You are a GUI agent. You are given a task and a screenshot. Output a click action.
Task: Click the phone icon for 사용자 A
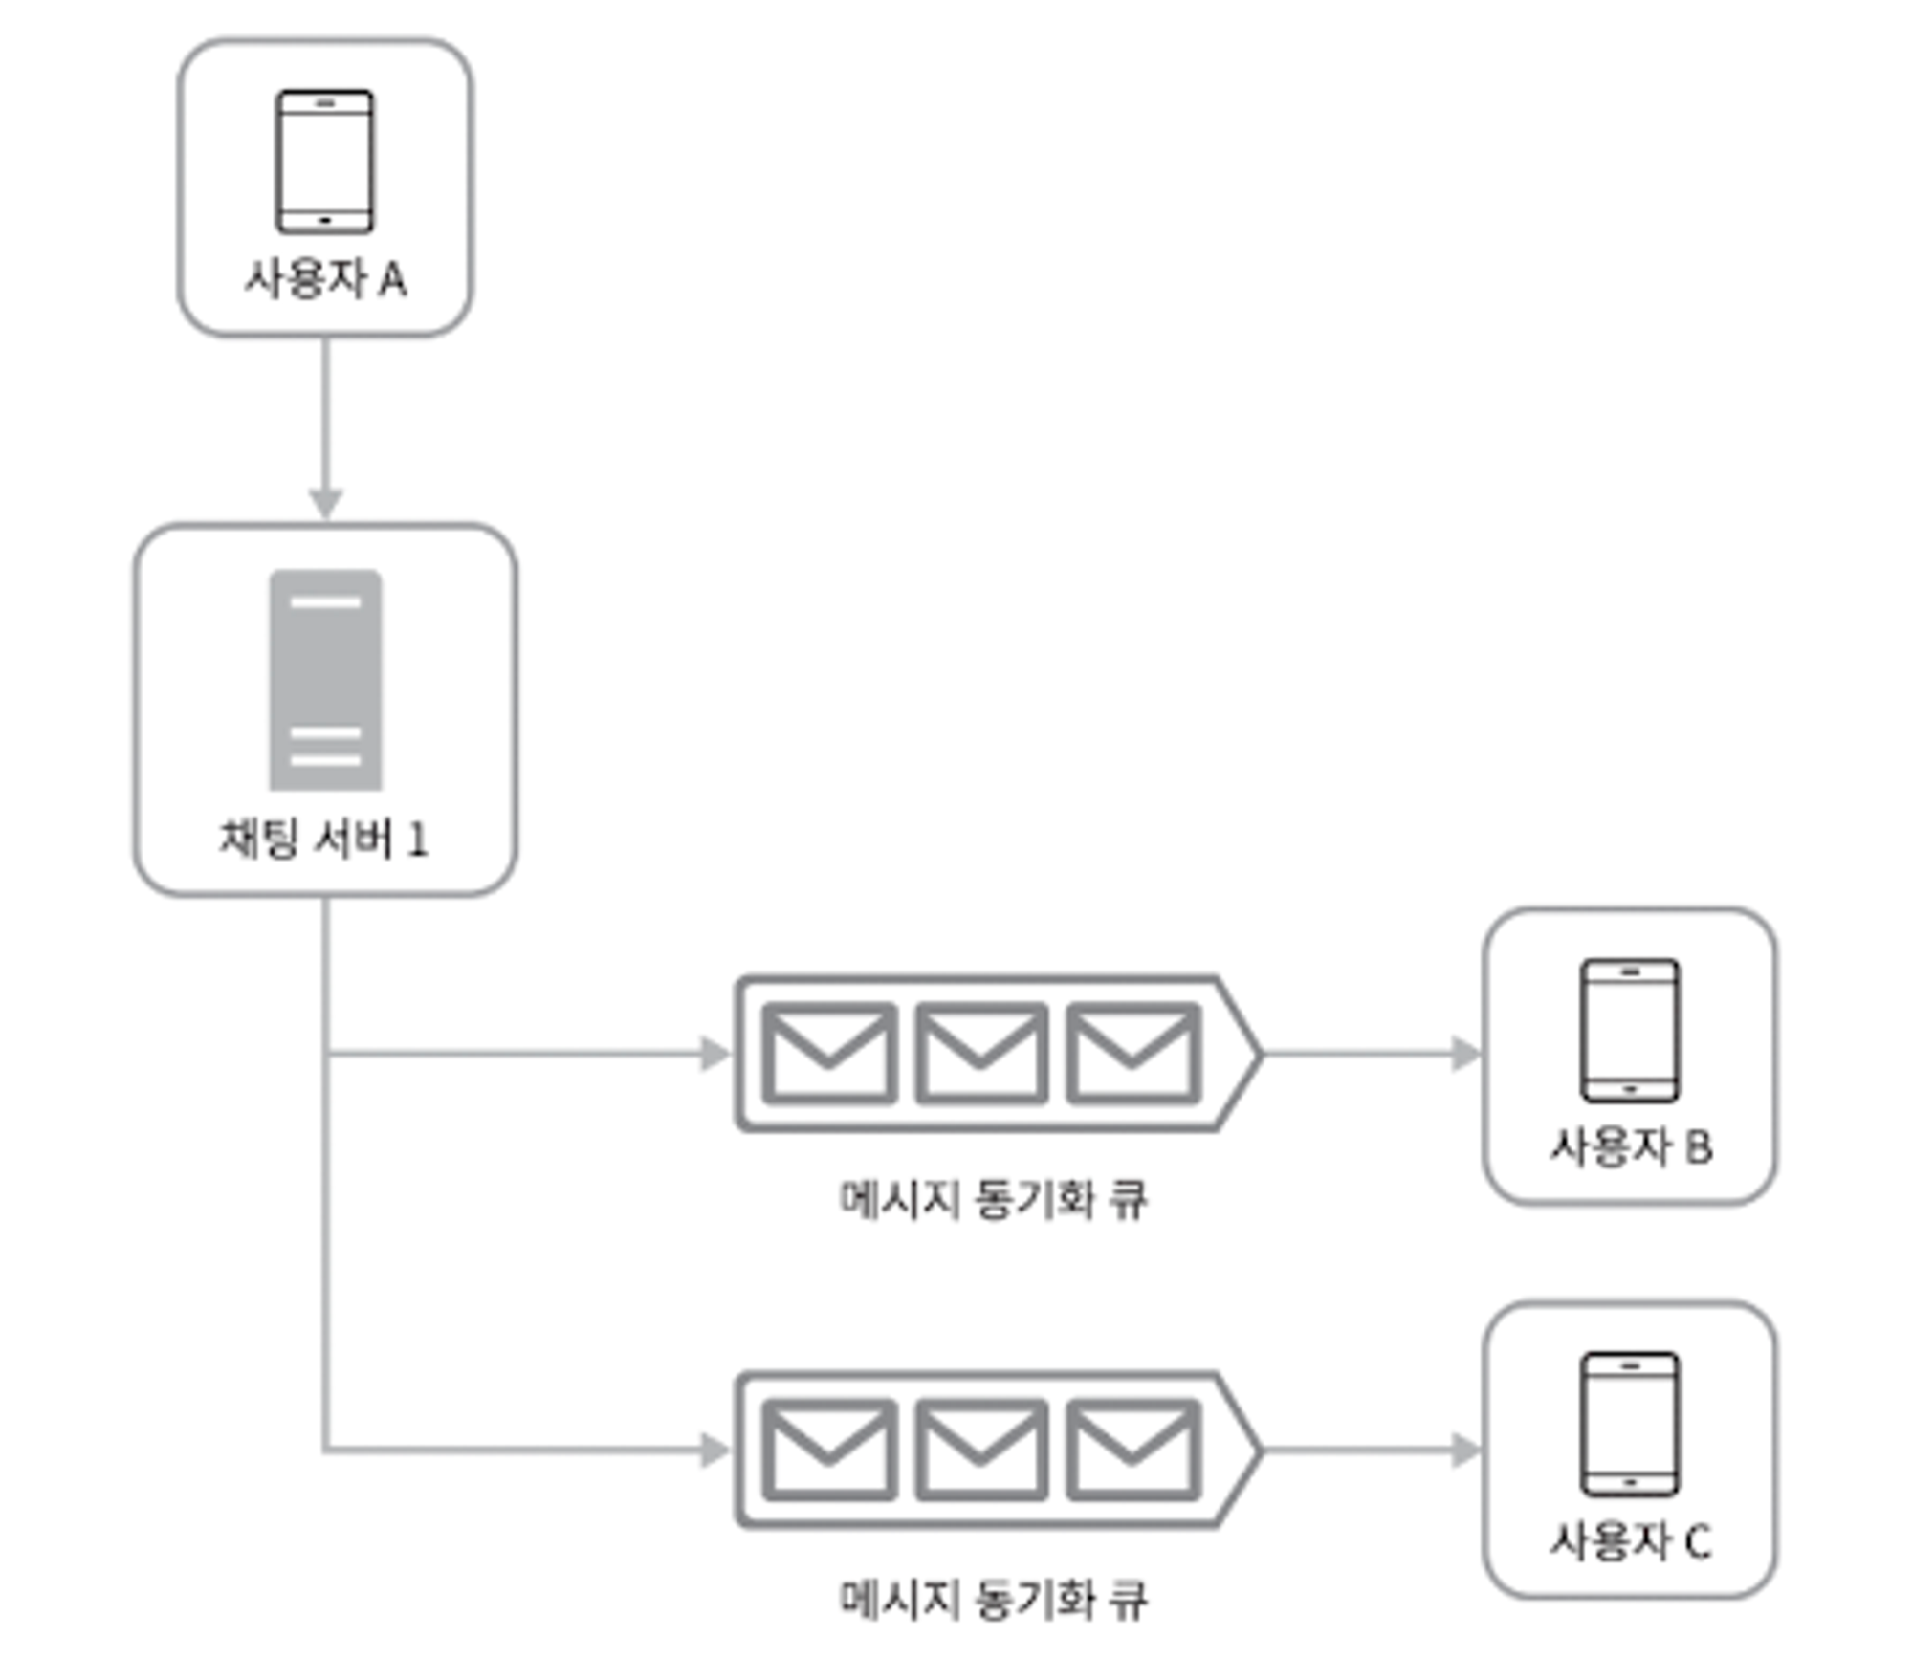[324, 162]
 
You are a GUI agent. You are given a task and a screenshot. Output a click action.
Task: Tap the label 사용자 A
[325, 280]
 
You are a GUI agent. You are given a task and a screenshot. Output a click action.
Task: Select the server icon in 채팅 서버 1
[325, 680]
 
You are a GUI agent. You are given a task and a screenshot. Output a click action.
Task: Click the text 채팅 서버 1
[324, 839]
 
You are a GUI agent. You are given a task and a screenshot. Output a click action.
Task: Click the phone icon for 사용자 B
[1629, 1030]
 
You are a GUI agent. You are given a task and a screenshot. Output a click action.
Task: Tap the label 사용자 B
[1630, 1146]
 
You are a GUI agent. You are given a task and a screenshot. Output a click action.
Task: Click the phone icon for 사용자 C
[1629, 1424]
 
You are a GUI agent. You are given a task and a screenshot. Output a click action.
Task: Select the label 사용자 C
[1630, 1541]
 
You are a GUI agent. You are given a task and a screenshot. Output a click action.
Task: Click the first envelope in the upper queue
[828, 1053]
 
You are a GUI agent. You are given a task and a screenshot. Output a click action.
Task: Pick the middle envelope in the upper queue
[980, 1053]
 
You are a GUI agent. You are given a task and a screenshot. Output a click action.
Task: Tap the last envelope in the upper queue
[1132, 1053]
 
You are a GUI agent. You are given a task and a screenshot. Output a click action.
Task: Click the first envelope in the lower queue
[828, 1450]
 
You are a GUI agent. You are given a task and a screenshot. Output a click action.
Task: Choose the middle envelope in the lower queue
[980, 1450]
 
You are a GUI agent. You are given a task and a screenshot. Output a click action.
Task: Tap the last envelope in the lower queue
[1132, 1450]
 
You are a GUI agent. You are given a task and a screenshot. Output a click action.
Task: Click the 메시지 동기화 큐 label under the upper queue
[993, 1199]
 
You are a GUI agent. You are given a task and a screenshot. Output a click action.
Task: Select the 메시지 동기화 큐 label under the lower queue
[993, 1600]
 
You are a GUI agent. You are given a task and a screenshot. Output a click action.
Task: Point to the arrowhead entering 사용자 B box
[1465, 1054]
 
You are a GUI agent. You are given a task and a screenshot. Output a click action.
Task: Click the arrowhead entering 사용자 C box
[1465, 1451]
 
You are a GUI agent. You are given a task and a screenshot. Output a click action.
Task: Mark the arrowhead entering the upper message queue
[715, 1054]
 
